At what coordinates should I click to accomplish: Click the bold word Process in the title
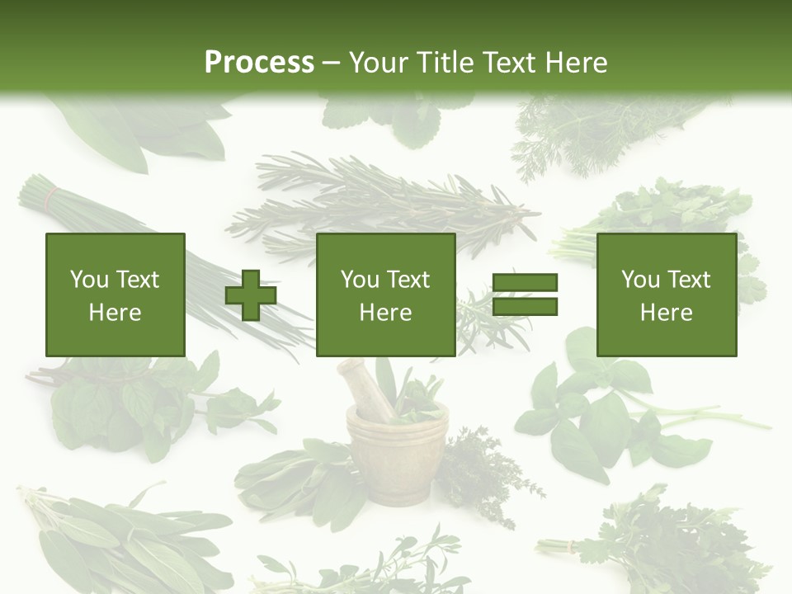pyautogui.click(x=259, y=63)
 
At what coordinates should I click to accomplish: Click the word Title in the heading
pyautogui.click(x=445, y=63)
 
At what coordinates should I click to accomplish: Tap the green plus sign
pyautogui.click(x=251, y=295)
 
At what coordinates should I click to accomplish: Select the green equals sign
pyautogui.click(x=526, y=295)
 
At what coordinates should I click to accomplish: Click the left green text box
pyautogui.click(x=115, y=295)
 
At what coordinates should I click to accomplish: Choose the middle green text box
pyautogui.click(x=385, y=295)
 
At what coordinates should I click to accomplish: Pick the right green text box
pyautogui.click(x=667, y=295)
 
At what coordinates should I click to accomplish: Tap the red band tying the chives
pyautogui.click(x=52, y=197)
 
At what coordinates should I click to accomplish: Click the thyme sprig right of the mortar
pyautogui.click(x=487, y=466)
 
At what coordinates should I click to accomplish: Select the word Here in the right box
pyautogui.click(x=667, y=313)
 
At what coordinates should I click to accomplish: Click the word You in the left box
pyautogui.click(x=88, y=280)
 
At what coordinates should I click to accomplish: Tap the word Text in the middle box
pyautogui.click(x=408, y=280)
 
